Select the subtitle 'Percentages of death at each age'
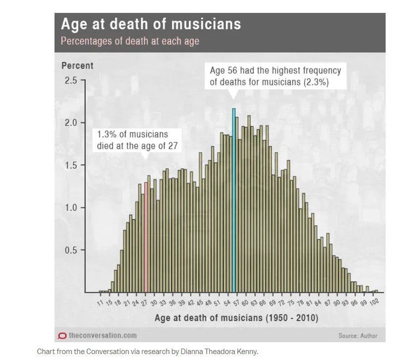click(130, 41)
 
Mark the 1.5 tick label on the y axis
click(71, 165)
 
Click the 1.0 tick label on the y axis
click(71, 208)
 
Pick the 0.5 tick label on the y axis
click(71, 250)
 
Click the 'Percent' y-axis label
click(77, 65)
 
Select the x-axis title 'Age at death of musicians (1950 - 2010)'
click(236, 318)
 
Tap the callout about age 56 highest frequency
click(275, 76)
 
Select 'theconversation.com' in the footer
click(103, 335)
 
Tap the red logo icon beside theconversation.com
click(62, 336)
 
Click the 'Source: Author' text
click(358, 336)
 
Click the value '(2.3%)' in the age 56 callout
click(316, 82)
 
